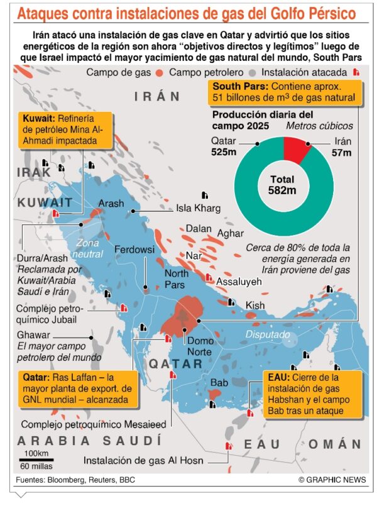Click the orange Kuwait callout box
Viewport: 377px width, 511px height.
click(x=65, y=130)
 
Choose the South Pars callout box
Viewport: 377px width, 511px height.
click(x=285, y=91)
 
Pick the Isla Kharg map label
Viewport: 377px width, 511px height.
click(x=199, y=208)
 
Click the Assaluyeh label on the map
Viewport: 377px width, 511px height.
click(x=238, y=282)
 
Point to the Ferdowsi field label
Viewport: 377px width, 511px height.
click(x=134, y=250)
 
